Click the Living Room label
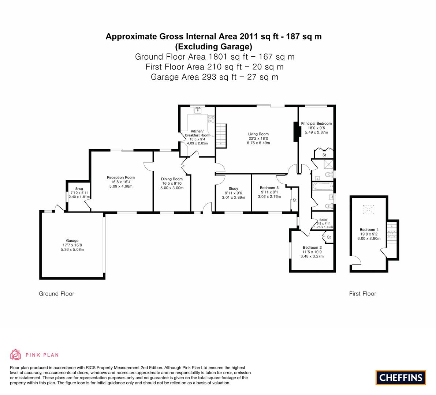click(x=258, y=134)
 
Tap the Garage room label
click(x=72, y=241)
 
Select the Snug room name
click(x=79, y=189)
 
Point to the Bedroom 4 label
click(x=369, y=229)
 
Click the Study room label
click(x=233, y=189)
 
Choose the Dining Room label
click(x=172, y=179)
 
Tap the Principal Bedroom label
click(x=316, y=123)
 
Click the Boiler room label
click(x=323, y=220)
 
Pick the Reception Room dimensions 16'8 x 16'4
click(x=121, y=182)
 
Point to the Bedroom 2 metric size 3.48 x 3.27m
click(x=312, y=256)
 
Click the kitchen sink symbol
click(x=198, y=110)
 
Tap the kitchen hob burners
click(x=211, y=119)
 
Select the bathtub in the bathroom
click(x=323, y=187)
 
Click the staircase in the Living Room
click(x=221, y=136)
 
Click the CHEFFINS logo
click(x=401, y=377)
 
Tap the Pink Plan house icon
click(x=16, y=355)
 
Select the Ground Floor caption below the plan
click(x=56, y=294)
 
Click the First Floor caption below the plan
click(x=362, y=294)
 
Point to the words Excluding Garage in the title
click(x=213, y=46)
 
